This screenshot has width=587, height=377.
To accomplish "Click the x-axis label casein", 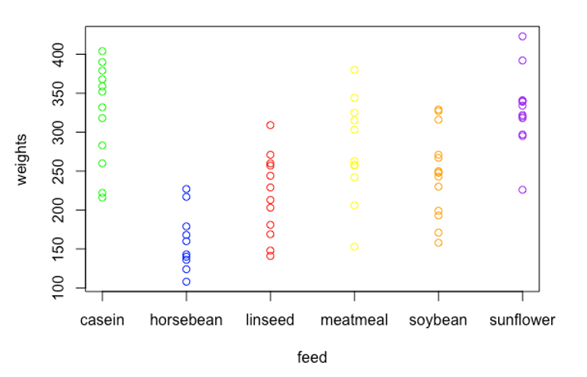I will click(x=102, y=321).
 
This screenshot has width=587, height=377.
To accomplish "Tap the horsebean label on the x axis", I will click(x=186, y=321).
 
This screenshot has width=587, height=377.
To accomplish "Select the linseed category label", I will click(x=270, y=321).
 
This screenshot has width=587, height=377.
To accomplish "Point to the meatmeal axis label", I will click(x=354, y=321).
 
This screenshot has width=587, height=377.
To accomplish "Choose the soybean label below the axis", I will click(x=438, y=321).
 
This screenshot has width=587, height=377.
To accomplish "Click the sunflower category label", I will click(x=522, y=321).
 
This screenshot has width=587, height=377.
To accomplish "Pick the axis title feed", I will click(x=312, y=357).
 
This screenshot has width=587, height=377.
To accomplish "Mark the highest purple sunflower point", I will click(x=523, y=37).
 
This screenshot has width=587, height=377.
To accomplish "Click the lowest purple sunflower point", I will click(x=523, y=190).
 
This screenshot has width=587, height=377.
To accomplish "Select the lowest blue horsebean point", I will click(x=187, y=282).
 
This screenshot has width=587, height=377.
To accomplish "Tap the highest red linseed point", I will click(x=271, y=125).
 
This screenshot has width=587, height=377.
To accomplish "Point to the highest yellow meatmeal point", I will click(x=355, y=70).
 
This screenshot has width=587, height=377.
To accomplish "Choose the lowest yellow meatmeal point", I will click(x=355, y=247).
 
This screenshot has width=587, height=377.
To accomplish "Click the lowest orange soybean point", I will click(x=438, y=243).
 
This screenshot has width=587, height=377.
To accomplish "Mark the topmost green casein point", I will click(x=102, y=52).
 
